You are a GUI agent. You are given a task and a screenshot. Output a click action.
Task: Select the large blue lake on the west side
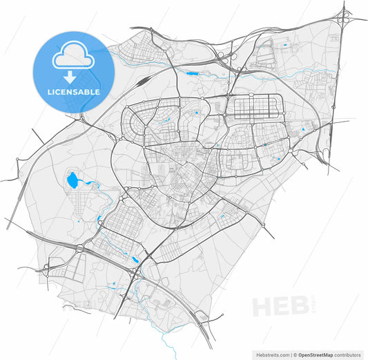(73, 182)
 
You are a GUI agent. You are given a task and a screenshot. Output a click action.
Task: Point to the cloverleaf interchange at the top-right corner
(343, 19)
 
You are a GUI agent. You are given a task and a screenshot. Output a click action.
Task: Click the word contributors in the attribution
(347, 354)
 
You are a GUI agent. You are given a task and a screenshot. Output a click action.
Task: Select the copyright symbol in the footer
(294, 354)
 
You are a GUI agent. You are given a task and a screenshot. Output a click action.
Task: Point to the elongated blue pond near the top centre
(192, 70)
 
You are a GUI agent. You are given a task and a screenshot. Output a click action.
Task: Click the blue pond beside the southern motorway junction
(135, 260)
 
